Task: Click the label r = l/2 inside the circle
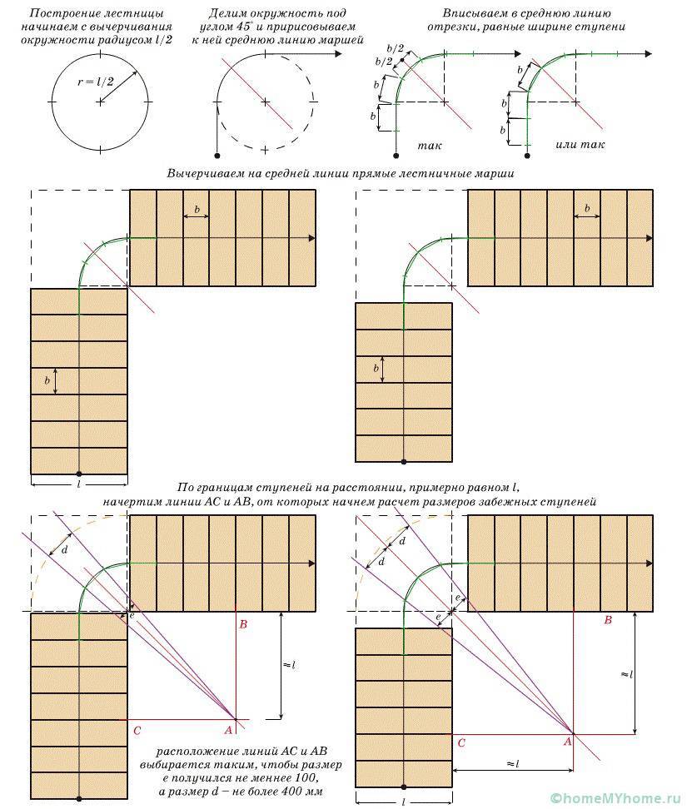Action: point(96,81)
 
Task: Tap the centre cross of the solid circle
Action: point(100,102)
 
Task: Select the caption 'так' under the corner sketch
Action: point(430,146)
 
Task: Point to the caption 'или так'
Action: point(580,145)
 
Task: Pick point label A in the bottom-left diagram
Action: point(228,730)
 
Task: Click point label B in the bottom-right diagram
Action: point(608,619)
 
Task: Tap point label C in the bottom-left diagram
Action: point(137,731)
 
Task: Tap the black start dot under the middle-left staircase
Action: point(79,474)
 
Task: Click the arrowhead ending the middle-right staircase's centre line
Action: point(650,238)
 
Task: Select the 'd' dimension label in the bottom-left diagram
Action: point(64,550)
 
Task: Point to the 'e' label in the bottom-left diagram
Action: point(132,615)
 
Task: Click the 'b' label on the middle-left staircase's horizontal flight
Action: point(197,210)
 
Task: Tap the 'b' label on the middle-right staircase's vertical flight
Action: point(376,369)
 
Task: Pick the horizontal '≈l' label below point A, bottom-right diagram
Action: point(512,763)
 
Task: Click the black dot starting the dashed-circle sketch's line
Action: point(217,156)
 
